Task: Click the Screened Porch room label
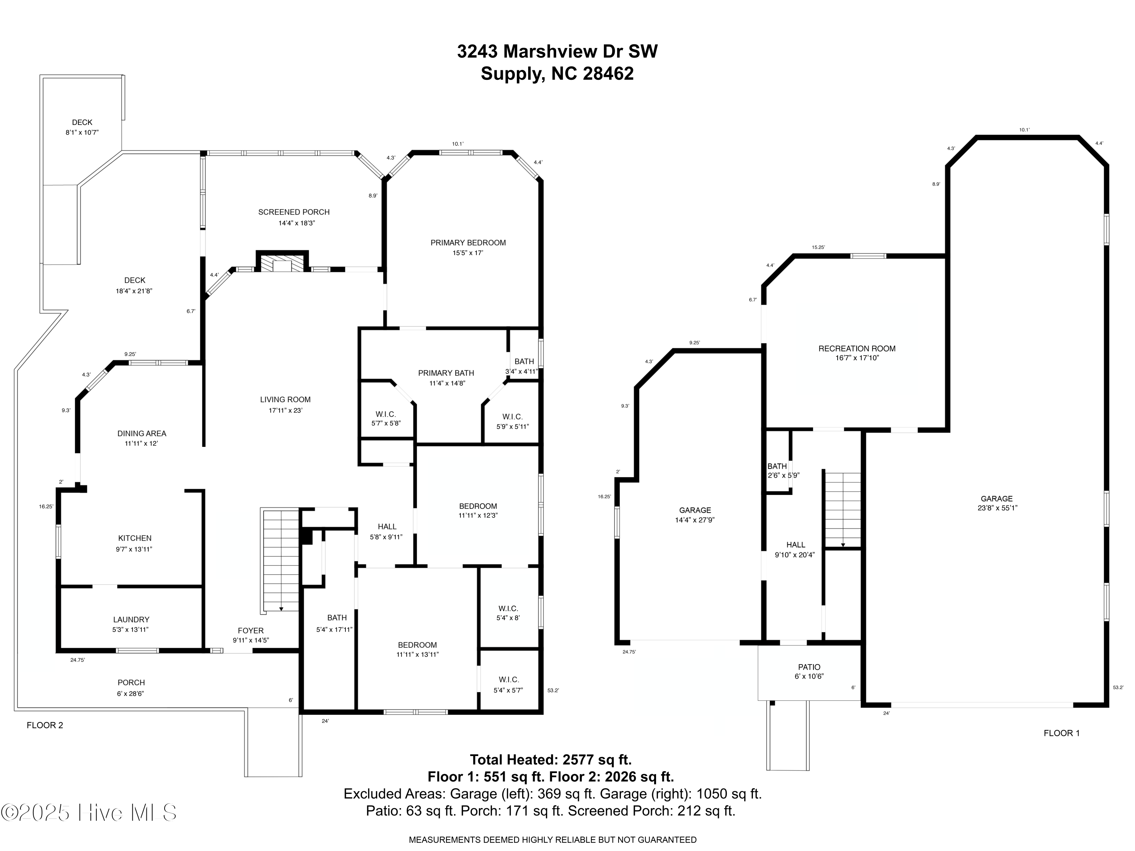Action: (294, 212)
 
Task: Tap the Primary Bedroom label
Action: (468, 243)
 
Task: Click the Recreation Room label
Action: (857, 348)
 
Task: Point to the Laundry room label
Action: (131, 619)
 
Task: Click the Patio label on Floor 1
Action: (809, 667)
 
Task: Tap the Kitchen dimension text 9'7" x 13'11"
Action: (134, 549)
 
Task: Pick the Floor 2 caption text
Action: (45, 725)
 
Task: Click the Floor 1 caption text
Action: (1062, 733)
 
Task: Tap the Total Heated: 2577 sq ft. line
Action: (550, 760)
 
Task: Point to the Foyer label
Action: (251, 631)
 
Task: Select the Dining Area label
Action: (141, 433)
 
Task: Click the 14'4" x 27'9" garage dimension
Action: (695, 520)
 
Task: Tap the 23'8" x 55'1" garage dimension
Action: (997, 508)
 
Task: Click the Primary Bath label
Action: (446, 373)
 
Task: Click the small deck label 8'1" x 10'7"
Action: (82, 132)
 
